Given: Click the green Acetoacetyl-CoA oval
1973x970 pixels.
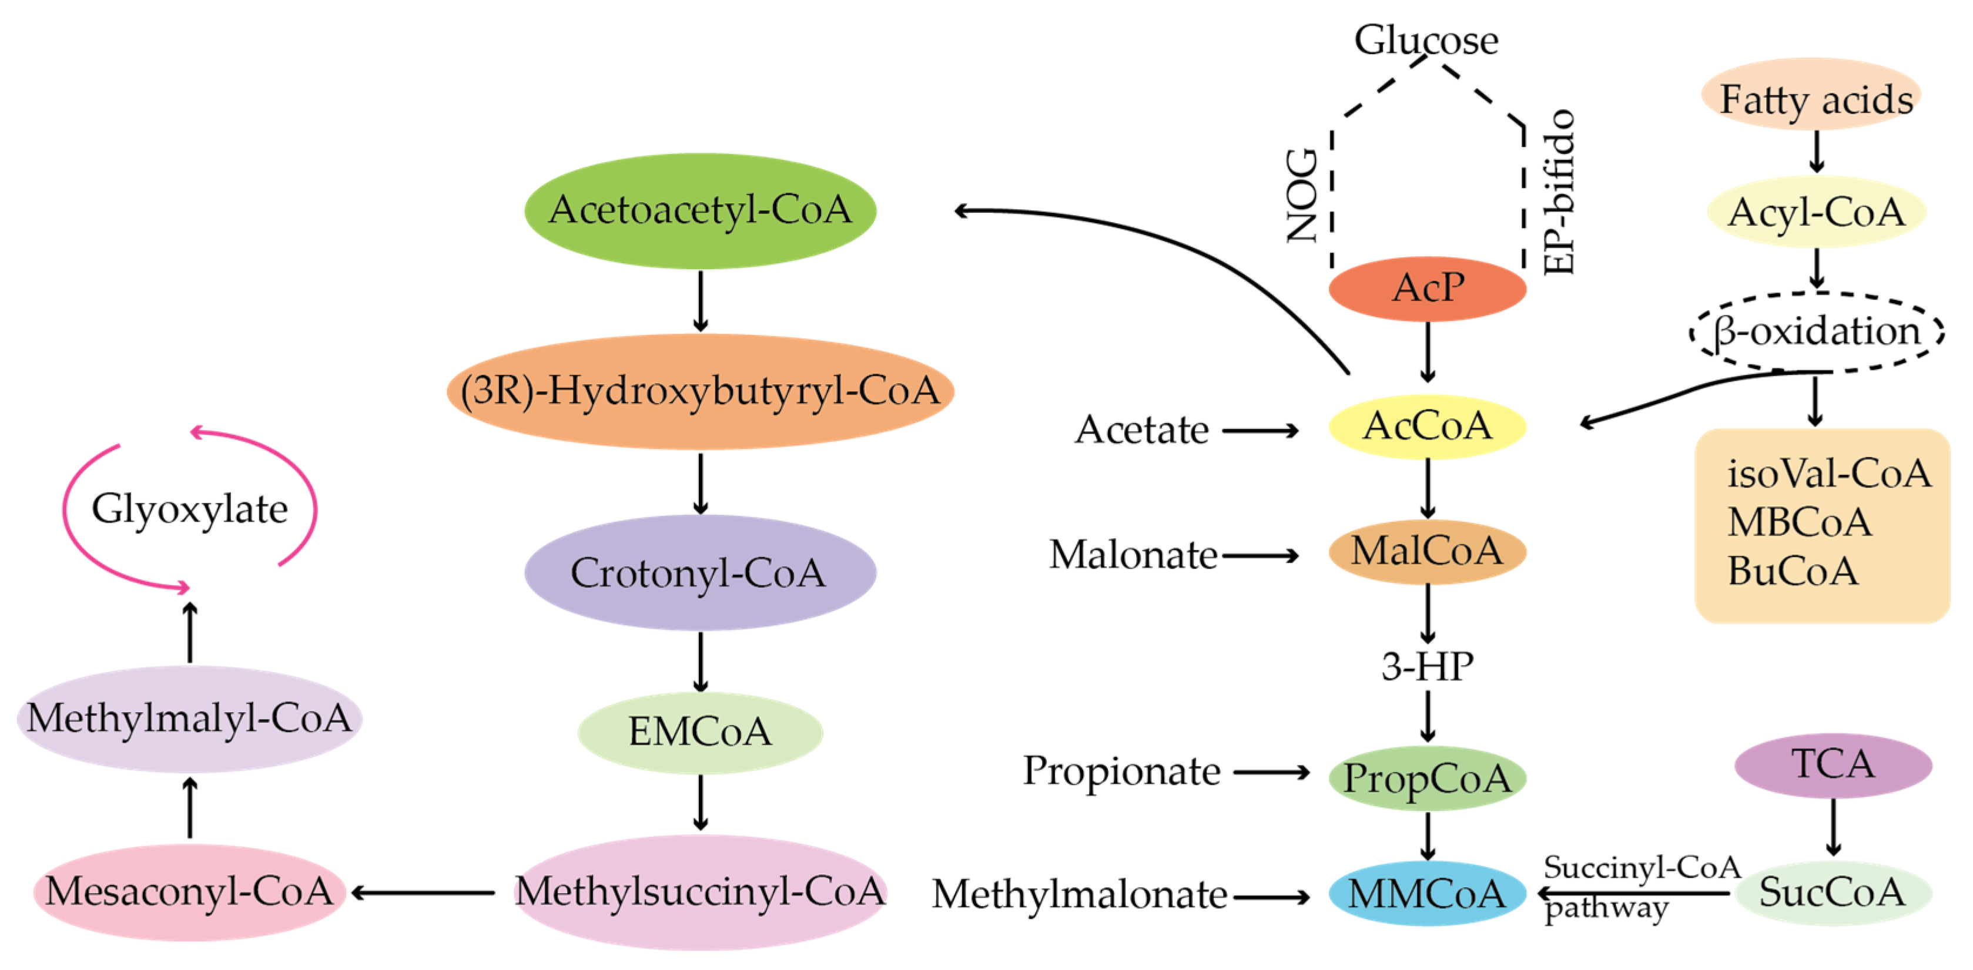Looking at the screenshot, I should click(699, 210).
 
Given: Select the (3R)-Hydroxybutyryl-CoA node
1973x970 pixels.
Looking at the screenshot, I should click(699, 391).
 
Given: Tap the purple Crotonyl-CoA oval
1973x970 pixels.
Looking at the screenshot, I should click(699, 573).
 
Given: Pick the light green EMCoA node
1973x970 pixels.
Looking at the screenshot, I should click(699, 732).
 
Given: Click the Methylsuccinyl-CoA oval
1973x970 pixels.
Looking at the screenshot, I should click(699, 892).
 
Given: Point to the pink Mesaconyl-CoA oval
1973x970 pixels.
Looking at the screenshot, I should click(189, 892).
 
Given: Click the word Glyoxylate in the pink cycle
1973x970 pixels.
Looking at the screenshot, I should click(189, 508).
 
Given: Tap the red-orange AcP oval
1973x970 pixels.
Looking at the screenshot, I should click(1427, 288).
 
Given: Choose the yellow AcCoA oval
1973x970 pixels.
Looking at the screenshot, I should click(1427, 427).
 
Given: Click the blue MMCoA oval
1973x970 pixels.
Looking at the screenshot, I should click(1427, 894).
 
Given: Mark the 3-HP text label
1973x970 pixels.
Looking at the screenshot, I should click(1427, 667).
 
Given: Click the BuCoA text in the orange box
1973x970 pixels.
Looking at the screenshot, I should click(1791, 571).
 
